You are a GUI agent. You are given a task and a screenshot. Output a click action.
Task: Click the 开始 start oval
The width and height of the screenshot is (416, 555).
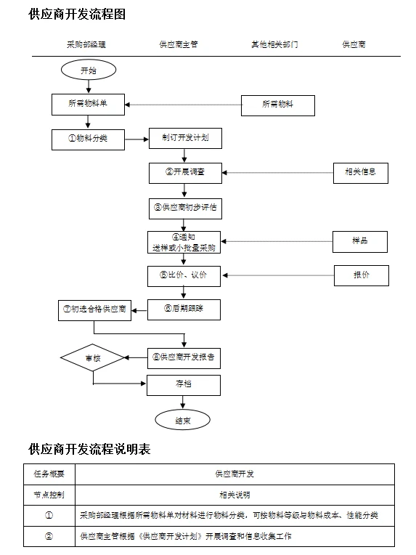88,70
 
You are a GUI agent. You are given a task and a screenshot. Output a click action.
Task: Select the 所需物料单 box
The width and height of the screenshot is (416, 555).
88,105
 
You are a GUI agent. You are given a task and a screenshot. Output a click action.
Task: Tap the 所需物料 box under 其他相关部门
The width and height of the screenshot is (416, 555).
278,105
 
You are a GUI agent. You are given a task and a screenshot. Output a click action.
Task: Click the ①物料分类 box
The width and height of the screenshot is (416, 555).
88,138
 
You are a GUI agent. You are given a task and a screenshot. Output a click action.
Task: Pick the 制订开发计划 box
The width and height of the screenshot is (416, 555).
184,138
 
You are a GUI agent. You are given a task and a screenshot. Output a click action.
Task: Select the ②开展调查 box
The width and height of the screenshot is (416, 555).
184,173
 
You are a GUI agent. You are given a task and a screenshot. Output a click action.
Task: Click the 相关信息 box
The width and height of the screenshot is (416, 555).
361,173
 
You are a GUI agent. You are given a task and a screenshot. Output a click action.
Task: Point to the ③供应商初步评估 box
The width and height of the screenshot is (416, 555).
184,208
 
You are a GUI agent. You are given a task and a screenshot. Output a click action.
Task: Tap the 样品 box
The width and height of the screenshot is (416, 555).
361,241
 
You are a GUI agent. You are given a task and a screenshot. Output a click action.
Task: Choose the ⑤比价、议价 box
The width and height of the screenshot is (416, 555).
184,275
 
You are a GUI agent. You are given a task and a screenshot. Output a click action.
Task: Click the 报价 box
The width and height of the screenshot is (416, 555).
361,275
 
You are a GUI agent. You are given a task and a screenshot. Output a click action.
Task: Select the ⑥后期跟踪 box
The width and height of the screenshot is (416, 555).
184,309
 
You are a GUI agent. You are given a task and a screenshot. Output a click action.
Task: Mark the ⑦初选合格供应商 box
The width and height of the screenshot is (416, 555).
95,309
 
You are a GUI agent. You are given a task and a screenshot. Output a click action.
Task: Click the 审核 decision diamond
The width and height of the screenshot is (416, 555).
93,357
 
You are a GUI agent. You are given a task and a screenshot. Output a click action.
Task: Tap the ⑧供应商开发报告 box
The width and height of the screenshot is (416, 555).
184,357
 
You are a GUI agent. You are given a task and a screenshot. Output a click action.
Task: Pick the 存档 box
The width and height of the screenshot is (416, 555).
184,384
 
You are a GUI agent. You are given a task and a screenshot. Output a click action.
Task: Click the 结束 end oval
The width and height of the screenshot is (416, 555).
183,419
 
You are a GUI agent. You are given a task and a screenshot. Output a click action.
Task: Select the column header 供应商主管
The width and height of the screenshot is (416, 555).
179,44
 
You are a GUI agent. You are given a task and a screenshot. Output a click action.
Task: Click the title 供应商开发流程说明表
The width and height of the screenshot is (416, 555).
89,449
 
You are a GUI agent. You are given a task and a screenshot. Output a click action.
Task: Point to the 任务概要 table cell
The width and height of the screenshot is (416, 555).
49,474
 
